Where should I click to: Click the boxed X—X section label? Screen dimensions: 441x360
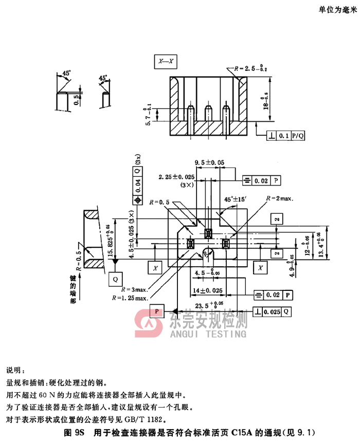click(x=166, y=62)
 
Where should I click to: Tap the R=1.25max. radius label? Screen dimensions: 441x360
click(x=131, y=298)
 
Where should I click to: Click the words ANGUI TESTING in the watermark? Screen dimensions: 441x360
click(x=207, y=334)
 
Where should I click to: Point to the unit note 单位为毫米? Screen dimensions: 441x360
click(x=337, y=11)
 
